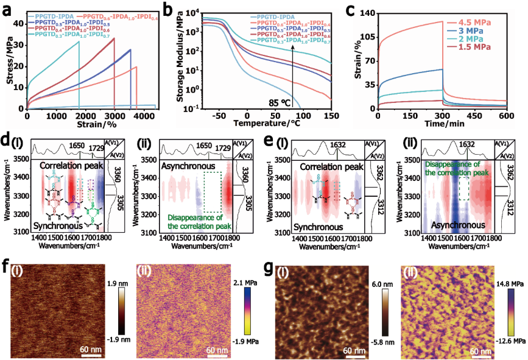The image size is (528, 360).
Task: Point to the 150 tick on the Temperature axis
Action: point(329,115)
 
